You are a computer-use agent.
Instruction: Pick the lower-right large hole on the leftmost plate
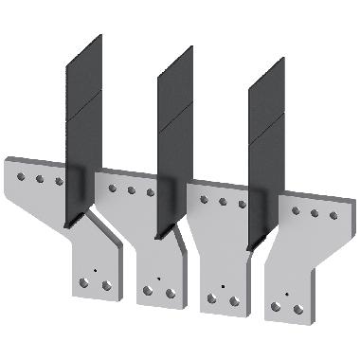pyautogui.click(x=107, y=285)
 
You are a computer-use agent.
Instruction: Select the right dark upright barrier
pyautogui.click(x=266, y=152)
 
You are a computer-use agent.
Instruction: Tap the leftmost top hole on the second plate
pyautogui.click(x=114, y=187)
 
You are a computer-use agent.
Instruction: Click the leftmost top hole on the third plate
pyautogui.click(x=206, y=198)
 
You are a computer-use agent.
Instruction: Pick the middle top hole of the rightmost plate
pyautogui.click(x=315, y=212)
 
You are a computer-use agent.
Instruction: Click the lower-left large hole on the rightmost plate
pyautogui.click(x=277, y=306)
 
